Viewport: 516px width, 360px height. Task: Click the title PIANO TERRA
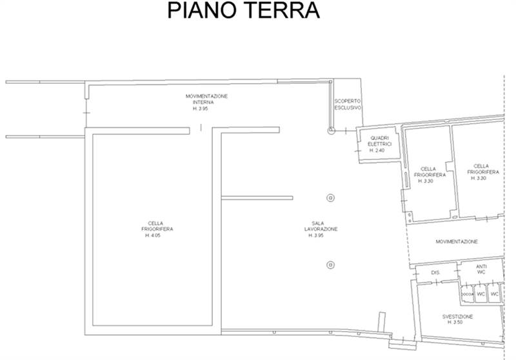coord(243,11)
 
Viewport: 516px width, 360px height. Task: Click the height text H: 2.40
coord(377,150)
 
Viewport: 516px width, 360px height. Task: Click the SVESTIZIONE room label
coord(457,317)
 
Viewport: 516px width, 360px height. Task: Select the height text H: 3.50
coord(457,323)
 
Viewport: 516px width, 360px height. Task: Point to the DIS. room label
coord(435,273)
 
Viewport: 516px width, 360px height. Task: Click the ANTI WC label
coord(481,269)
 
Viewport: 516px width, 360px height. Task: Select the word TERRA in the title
coord(279,11)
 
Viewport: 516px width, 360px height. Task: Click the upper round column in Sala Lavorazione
coord(330,197)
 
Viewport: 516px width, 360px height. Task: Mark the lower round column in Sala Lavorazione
coord(330,263)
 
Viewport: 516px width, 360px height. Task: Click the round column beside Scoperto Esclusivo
coord(331,130)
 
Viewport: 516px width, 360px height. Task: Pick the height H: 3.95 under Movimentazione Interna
coord(200,109)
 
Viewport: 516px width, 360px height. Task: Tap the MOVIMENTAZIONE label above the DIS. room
coord(456,242)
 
